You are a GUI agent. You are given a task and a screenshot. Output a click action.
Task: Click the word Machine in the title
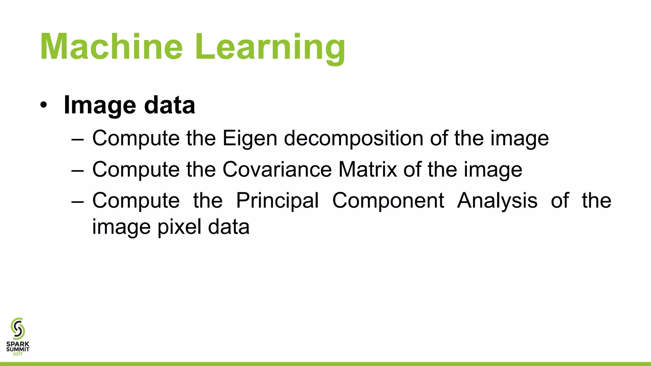(111, 47)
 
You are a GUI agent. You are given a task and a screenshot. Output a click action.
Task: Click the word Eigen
(250, 139)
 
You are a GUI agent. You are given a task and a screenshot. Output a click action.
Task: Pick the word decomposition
(353, 139)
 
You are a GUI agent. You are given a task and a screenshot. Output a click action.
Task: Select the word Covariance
(277, 169)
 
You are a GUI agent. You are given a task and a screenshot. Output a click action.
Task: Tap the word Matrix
(367, 169)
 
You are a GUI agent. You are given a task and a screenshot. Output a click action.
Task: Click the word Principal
(277, 201)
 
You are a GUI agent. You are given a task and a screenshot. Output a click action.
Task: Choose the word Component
(388, 201)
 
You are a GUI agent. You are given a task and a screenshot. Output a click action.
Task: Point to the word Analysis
(497, 201)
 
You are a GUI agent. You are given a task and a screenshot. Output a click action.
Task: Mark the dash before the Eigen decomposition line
(78, 139)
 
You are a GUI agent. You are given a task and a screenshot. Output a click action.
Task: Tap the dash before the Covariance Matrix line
(78, 170)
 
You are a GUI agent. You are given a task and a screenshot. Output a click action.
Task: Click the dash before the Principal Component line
(78, 201)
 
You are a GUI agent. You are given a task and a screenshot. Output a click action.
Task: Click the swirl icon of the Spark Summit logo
(18, 329)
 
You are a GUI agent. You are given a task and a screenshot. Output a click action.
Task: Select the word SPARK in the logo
(18, 344)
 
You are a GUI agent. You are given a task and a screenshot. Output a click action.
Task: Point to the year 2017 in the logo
(18, 354)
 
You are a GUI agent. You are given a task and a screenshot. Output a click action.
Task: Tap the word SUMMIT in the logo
(18, 349)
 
